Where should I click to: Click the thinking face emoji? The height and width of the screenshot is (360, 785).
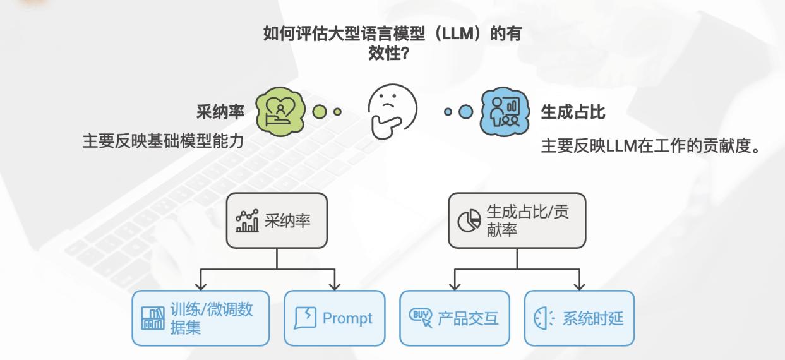392,111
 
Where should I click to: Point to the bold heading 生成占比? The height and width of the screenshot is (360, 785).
573,112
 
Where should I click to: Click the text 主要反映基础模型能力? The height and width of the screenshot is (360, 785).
163,141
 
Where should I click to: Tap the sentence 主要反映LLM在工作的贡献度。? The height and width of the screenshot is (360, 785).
650,147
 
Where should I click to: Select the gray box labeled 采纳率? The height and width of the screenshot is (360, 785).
277,220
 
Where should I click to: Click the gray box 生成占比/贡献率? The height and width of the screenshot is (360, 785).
517,220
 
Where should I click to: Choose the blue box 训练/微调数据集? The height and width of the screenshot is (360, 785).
200,318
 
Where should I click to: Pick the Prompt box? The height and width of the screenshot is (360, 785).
334,318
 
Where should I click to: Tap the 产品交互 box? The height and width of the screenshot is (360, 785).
455,318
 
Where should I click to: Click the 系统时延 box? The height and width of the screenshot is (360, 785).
579,318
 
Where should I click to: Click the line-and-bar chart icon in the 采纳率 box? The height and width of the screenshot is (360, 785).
247,220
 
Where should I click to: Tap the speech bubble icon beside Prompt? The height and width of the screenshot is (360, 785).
306,318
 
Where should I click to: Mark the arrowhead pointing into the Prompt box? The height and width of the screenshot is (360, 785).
335,286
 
